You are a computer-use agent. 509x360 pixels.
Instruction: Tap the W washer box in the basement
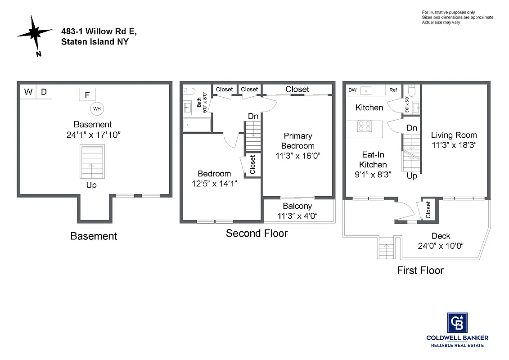coord(28,92)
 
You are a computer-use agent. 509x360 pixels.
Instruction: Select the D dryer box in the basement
coord(44,92)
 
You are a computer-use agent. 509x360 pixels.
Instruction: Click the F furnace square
coord(87,94)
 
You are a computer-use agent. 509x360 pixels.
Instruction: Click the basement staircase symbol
coord(92,162)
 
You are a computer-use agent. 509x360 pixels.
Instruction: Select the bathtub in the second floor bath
coord(197,125)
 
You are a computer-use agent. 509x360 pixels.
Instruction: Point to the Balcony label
coord(297,206)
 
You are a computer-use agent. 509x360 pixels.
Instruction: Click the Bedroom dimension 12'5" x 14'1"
coord(214,183)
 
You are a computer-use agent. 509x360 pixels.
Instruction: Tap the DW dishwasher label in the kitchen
coord(352,90)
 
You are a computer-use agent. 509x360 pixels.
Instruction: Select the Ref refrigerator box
coord(393,90)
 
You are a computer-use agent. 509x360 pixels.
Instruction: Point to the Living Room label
coord(454,135)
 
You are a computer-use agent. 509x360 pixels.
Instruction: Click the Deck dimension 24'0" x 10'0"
coord(441,246)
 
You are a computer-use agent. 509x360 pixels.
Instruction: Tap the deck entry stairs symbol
coord(386,248)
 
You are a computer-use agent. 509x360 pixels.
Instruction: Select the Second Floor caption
coord(257,233)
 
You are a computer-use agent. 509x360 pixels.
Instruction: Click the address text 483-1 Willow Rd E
coord(99,31)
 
